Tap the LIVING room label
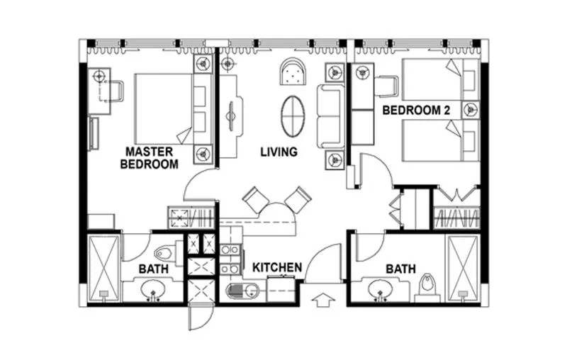pos(279,152)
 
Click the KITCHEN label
pos(278,267)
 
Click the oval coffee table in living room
pos(292,116)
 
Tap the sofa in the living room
pos(330,116)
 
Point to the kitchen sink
pos(240,291)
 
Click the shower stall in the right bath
pos(463,268)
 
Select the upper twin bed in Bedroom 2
pos(432,79)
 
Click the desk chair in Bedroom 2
pos(386,86)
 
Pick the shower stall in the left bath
pos(103,268)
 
